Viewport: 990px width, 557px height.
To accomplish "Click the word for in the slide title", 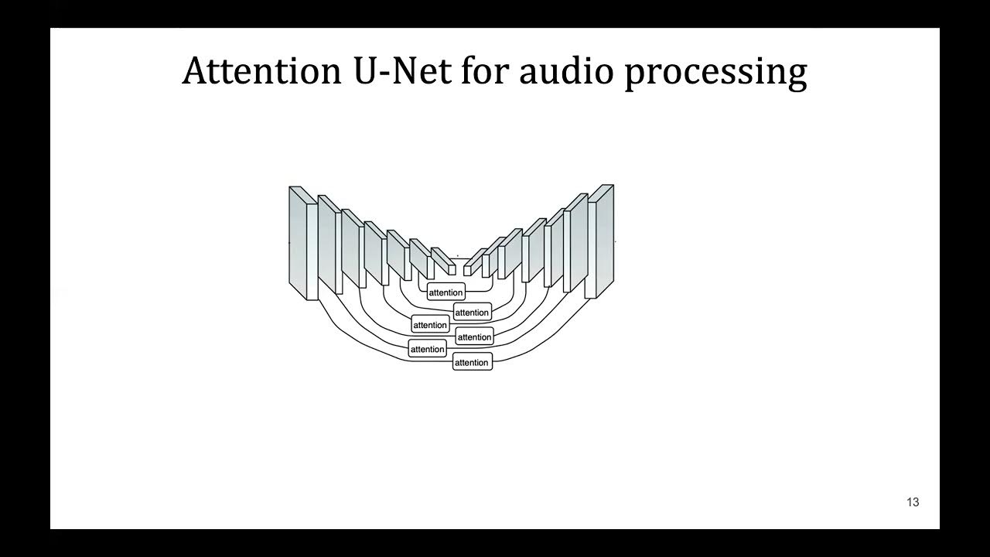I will pyautogui.click(x=485, y=71).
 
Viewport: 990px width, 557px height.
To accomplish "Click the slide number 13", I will pyautogui.click(x=913, y=502).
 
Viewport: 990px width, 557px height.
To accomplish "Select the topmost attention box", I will pyautogui.click(x=445, y=292).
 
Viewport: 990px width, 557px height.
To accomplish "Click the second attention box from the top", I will pyautogui.click(x=472, y=313).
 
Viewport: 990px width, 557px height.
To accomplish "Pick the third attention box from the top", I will pyautogui.click(x=430, y=325).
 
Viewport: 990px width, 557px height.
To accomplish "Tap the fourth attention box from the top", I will pyautogui.click(x=474, y=337).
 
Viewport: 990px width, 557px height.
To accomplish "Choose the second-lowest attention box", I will pyautogui.click(x=428, y=349).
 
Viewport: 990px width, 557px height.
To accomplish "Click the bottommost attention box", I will pyautogui.click(x=472, y=362).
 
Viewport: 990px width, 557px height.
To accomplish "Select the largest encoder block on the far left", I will pyautogui.click(x=299, y=240).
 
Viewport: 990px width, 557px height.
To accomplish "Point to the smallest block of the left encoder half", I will pyautogui.click(x=442, y=261).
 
